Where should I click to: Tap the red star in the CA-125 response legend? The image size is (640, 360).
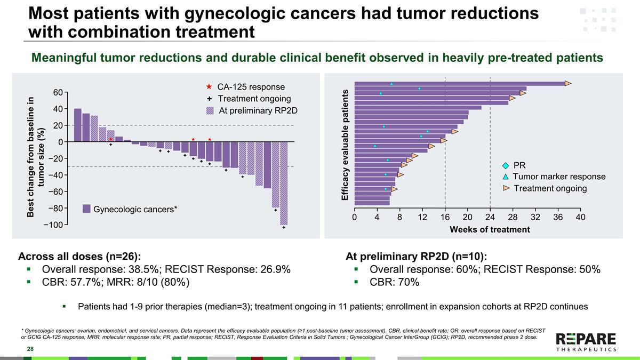pyautogui.click(x=209, y=87)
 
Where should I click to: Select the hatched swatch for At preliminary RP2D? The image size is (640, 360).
pyautogui.click(x=210, y=110)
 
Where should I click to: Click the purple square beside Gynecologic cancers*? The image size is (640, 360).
pyautogui.click(x=86, y=209)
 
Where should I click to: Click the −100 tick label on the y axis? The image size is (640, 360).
pyautogui.click(x=53, y=225)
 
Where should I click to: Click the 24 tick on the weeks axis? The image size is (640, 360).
pyautogui.click(x=490, y=218)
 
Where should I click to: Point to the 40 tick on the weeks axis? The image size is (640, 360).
pyautogui.click(x=581, y=218)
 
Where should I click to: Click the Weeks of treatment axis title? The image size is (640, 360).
pyautogui.click(x=490, y=229)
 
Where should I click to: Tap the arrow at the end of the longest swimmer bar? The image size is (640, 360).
pyautogui.click(x=568, y=83)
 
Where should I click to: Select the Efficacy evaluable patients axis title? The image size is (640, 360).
pyautogui.click(x=345, y=145)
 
